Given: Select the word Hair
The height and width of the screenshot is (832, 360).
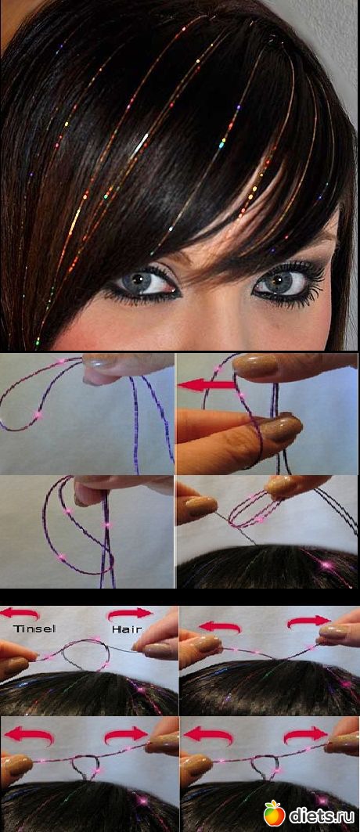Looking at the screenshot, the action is (x=127, y=629).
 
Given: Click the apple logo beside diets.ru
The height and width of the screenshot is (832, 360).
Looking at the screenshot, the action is (x=275, y=813).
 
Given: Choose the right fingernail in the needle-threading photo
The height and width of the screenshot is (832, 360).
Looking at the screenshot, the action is (x=281, y=485).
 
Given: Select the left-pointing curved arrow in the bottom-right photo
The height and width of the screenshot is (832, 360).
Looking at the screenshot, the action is (x=208, y=735).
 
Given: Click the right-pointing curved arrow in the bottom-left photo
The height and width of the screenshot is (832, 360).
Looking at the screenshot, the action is (x=126, y=735).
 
